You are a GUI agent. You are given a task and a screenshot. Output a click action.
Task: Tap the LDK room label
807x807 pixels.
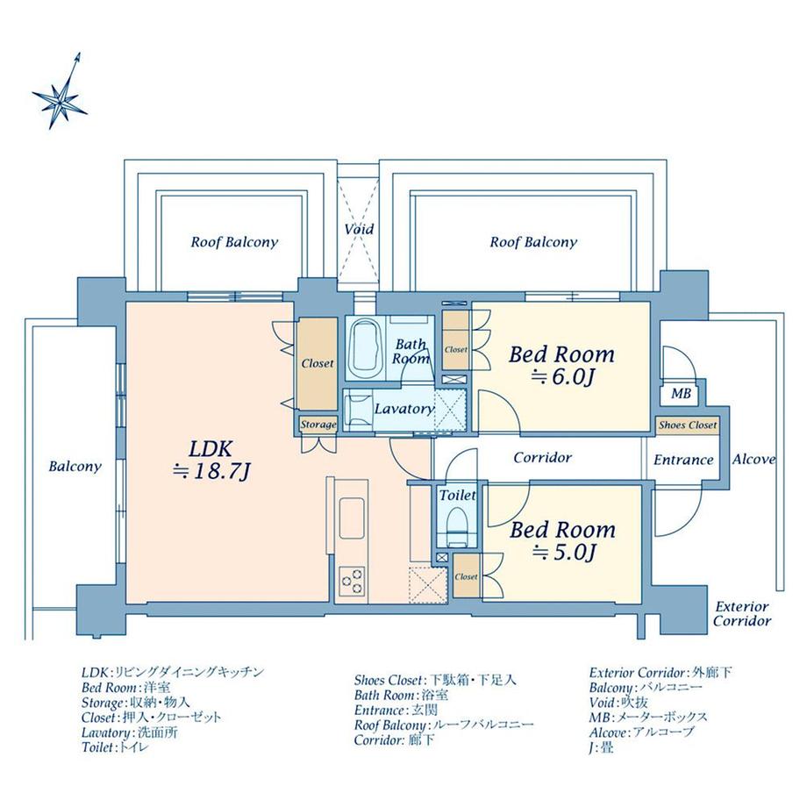tap(211, 447)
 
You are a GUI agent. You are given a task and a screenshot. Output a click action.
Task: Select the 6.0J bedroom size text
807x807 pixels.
tap(561, 378)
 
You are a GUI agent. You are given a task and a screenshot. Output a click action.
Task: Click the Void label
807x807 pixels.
tap(359, 229)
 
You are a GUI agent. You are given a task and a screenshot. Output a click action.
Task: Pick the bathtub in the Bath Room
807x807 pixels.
tap(363, 348)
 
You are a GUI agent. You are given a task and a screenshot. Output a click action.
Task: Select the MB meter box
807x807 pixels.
tap(681, 394)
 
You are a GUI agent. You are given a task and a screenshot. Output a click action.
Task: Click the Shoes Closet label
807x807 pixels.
tap(688, 425)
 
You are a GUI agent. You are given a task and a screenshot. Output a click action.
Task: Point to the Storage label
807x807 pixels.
tap(318, 425)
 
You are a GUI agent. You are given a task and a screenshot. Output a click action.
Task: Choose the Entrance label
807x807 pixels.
tap(683, 460)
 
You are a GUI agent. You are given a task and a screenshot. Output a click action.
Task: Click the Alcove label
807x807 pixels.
tap(753, 460)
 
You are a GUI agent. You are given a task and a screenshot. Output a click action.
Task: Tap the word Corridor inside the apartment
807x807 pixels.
tap(542, 458)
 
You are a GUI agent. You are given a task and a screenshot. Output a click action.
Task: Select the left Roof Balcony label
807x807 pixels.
tap(234, 242)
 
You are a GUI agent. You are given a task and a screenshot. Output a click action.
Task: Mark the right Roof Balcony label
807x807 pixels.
tap(532, 242)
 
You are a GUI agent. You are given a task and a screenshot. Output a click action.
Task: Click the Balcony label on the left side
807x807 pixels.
tap(75, 467)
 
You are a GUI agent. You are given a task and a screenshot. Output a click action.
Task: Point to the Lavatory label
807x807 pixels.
tap(403, 409)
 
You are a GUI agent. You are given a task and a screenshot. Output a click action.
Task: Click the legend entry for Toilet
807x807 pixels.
tap(115, 748)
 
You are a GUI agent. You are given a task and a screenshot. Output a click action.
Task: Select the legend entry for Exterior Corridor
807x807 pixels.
tap(661, 673)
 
